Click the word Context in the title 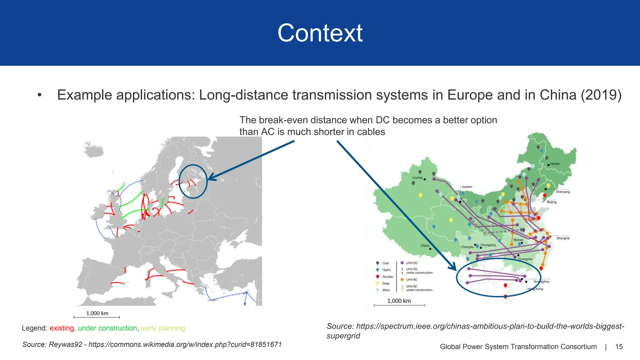(320, 33)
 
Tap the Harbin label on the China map (555, 164)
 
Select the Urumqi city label (417, 178)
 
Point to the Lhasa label (425, 246)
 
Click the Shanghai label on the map (563, 238)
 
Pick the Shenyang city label (562, 192)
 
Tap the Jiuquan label (467, 187)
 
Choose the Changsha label (525, 259)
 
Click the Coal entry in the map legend (385, 263)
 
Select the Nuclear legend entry (387, 277)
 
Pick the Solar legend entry (386, 283)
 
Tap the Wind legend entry (386, 290)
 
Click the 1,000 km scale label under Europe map (97, 313)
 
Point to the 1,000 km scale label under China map (399, 301)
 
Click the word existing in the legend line (62, 328)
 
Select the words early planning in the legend (163, 328)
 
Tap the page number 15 (619, 347)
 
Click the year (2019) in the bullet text (601, 95)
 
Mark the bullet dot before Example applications (39, 95)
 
